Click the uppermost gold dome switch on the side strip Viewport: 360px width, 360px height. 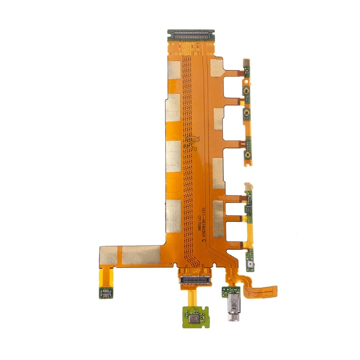click(x=247, y=92)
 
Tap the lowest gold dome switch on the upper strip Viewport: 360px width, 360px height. click(x=247, y=155)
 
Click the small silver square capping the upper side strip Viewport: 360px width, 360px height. click(x=247, y=62)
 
